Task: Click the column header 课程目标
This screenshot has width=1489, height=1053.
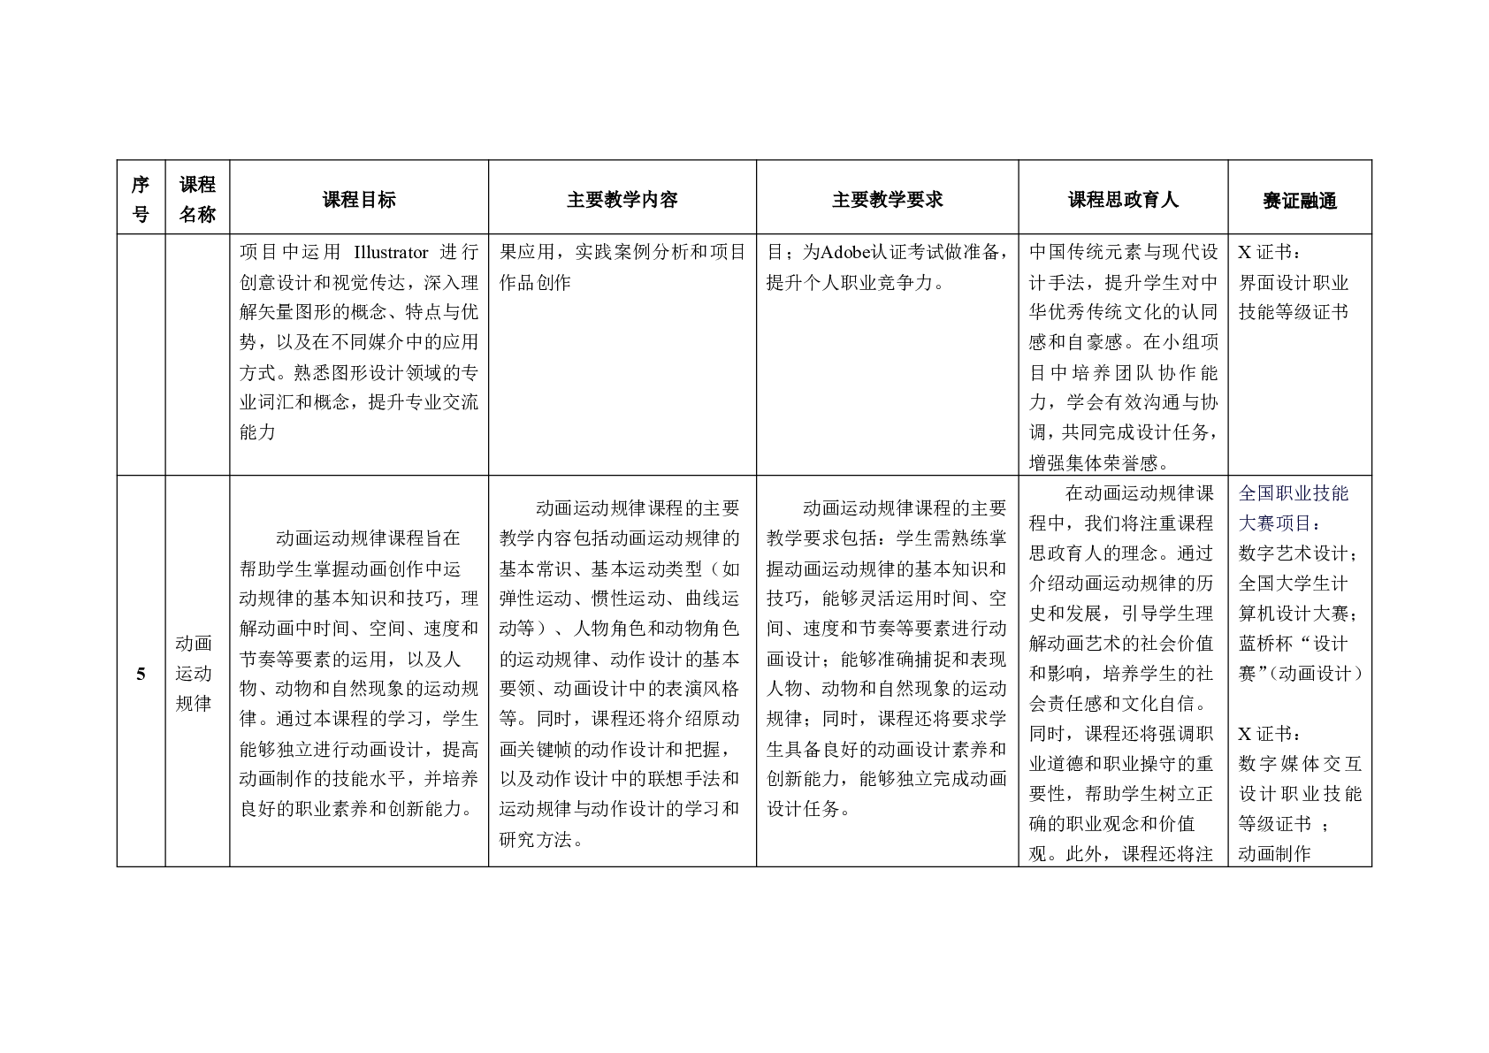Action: coord(359,200)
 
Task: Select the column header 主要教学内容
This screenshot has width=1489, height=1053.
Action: coord(622,200)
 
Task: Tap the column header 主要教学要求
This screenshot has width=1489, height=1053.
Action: coord(887,200)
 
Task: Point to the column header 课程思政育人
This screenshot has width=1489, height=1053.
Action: coord(1123,200)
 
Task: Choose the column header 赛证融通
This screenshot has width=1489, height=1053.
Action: coord(1299,201)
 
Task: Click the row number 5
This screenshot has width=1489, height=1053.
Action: coord(141,675)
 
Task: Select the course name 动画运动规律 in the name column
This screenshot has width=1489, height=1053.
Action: coord(194,674)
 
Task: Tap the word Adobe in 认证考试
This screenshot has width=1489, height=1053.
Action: coord(847,253)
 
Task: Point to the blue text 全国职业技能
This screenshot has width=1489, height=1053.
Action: coord(1294,493)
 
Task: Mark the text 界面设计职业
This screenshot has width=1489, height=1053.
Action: coord(1294,283)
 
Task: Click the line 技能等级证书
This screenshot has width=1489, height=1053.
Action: coord(1294,312)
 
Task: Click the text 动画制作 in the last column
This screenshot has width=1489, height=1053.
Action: coord(1274,853)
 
